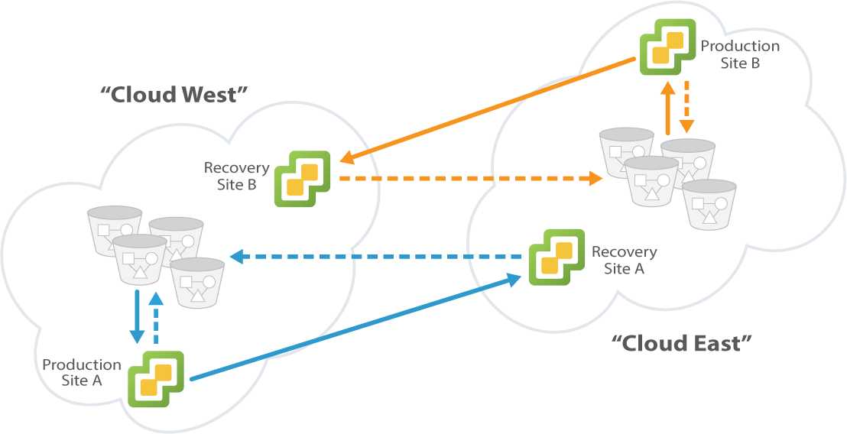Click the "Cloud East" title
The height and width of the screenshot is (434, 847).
683,342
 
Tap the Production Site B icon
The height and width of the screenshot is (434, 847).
668,47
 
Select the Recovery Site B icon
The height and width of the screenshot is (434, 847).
303,178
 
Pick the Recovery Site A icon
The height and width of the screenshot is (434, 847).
557,257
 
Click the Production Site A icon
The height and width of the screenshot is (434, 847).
156,379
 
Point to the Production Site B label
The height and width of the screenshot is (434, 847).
739,54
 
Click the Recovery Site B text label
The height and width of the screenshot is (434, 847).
236,176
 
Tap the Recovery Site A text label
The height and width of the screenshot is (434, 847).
624,260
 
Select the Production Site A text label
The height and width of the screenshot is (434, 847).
82,372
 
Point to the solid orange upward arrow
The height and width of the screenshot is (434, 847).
668,110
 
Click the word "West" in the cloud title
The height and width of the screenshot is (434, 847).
216,95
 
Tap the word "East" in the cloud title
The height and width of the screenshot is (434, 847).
718,342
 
